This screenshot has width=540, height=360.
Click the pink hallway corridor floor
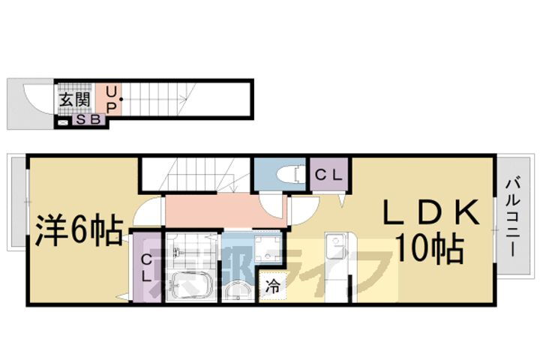(x=217, y=211)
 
